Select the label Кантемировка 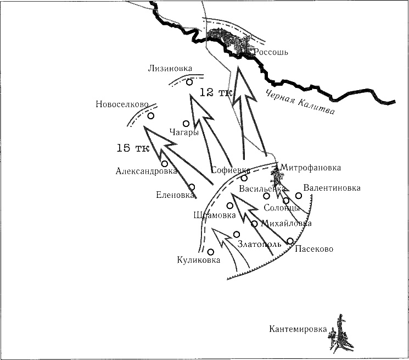click(298, 330)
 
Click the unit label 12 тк click(216, 92)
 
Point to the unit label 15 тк click(132, 148)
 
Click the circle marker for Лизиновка click(189, 82)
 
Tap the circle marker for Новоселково click(150, 116)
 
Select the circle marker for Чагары click(186, 124)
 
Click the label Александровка click(146, 171)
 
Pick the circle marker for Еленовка click(192, 187)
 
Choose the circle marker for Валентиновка click(299, 195)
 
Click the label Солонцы click(282, 208)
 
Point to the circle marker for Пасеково click(290, 241)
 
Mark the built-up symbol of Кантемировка click(341, 331)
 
